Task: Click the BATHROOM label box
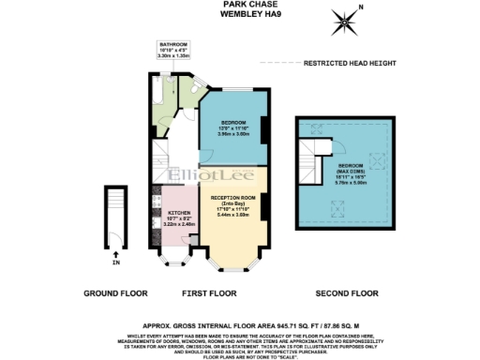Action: click(173, 51)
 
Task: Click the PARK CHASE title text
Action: click(239, 5)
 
